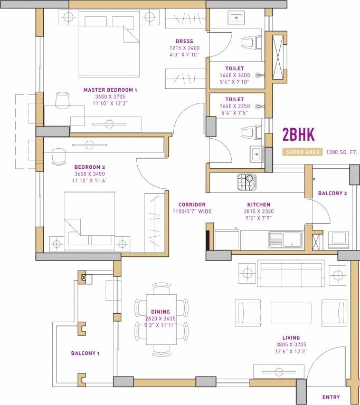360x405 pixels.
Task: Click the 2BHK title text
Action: pos(298,135)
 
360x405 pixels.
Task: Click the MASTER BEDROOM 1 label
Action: pos(110,90)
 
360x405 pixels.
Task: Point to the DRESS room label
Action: pos(185,41)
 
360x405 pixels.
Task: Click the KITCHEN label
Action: pos(259,205)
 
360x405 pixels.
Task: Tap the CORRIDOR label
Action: pos(192,205)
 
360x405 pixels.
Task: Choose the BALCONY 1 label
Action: pos(86,353)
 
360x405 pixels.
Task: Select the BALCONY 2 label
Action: pos(332,194)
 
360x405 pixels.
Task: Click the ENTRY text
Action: pos(331,397)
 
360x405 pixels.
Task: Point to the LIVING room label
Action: pos(291,338)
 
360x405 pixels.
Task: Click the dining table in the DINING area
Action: pos(161,321)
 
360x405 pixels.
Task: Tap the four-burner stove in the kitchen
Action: pos(247,182)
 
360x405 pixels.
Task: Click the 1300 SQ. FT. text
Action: pos(342,152)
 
